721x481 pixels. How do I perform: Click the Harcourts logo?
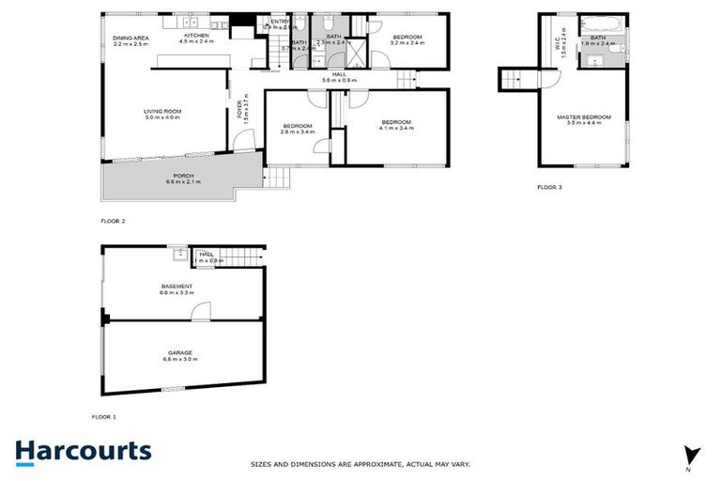coord(83,451)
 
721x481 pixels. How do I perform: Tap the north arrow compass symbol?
coord(692,454)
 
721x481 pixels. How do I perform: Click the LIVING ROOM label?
coord(161,111)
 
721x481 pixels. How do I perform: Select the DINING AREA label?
coord(130,38)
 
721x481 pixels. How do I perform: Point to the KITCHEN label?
coord(196,37)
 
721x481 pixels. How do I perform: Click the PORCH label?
coord(183,176)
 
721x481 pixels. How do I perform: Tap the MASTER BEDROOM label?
coord(584,117)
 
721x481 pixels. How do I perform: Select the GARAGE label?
coord(180,352)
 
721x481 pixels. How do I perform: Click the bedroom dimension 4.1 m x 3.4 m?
coord(395,128)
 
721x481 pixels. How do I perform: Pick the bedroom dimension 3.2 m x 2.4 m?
coord(407,42)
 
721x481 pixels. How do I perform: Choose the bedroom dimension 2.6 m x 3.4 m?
coord(299,132)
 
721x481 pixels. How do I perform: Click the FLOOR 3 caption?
coord(549,188)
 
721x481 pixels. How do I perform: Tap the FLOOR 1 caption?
coord(103,415)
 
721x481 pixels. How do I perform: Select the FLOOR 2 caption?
coord(113,221)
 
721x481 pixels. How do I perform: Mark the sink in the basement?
coord(176,252)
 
